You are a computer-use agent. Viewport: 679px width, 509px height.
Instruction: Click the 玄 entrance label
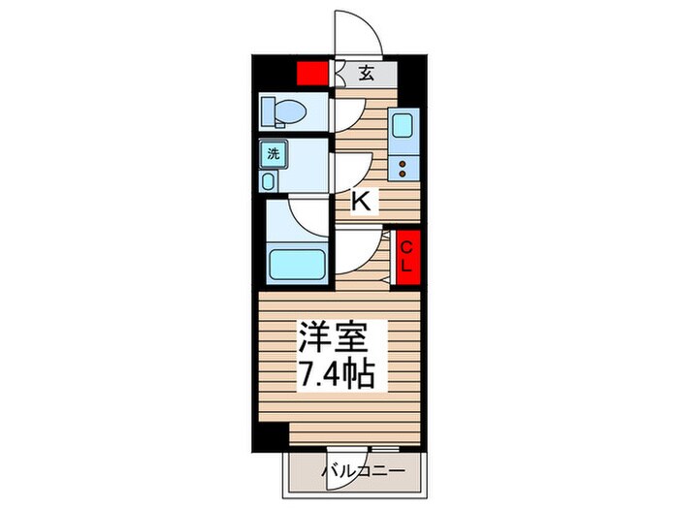tap(366, 74)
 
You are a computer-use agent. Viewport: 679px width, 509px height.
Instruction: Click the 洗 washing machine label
tap(274, 153)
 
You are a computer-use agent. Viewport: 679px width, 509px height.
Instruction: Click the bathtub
tap(297, 264)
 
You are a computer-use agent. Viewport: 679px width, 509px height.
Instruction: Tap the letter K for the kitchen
tap(361, 202)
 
